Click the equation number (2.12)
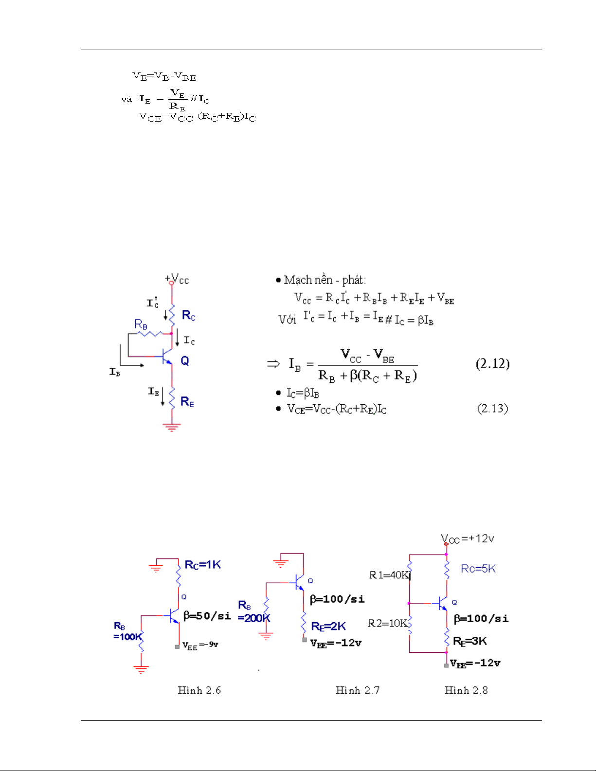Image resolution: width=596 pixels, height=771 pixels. [492, 364]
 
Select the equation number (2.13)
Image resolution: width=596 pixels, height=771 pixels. [492, 409]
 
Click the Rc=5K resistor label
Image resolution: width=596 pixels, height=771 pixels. [478, 569]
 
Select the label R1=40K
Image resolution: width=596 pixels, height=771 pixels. [390, 575]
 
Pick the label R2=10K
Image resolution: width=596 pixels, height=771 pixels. [388, 623]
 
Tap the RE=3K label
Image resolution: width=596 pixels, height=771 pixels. [470, 641]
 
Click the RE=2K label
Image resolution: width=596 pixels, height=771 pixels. [328, 626]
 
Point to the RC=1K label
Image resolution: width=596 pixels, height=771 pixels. [202, 564]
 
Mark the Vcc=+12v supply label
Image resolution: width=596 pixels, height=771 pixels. [467, 539]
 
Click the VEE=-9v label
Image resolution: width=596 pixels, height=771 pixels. [200, 645]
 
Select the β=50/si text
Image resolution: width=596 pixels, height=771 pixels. [207, 615]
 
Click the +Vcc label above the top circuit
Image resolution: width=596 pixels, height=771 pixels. [177, 279]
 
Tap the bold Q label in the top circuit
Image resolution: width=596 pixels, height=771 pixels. [185, 361]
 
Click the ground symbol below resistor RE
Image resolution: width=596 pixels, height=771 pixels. [172, 427]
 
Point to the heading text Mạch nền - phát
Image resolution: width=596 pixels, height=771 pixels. [325, 280]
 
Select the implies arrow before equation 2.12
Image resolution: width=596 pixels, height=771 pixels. [273, 364]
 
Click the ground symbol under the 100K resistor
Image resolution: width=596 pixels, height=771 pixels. [141, 669]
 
